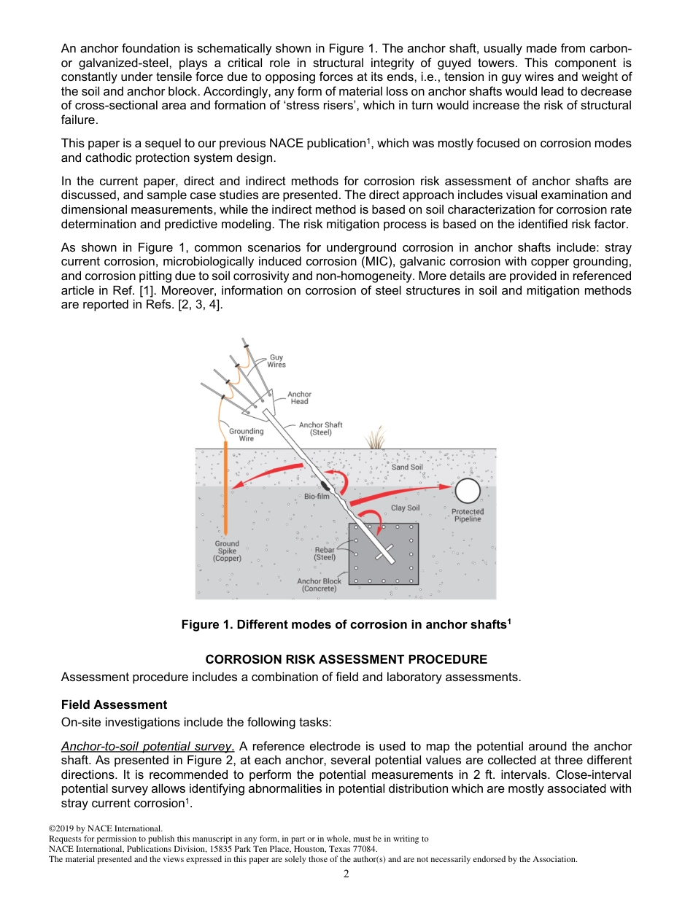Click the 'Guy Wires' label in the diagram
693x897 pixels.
click(276, 361)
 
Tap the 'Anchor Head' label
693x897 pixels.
click(299, 397)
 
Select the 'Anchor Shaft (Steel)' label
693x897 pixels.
click(320, 429)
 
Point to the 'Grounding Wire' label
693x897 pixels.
click(247, 435)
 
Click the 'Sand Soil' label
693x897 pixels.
click(407, 467)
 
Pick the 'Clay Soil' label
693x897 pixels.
click(405, 508)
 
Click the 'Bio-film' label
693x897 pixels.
click(317, 496)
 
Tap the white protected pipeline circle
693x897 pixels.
click(468, 491)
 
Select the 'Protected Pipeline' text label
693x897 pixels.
click(468, 516)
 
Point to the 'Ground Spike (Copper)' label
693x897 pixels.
click(227, 551)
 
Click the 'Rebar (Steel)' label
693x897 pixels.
click(325, 554)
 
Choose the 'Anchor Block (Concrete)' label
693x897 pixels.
click(319, 585)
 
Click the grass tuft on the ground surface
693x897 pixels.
click(376, 439)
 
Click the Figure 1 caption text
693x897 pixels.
click(346, 624)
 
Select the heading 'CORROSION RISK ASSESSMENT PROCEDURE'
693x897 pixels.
click(346, 659)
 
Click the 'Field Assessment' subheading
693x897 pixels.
click(114, 704)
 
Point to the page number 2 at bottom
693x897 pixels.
click(346, 874)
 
